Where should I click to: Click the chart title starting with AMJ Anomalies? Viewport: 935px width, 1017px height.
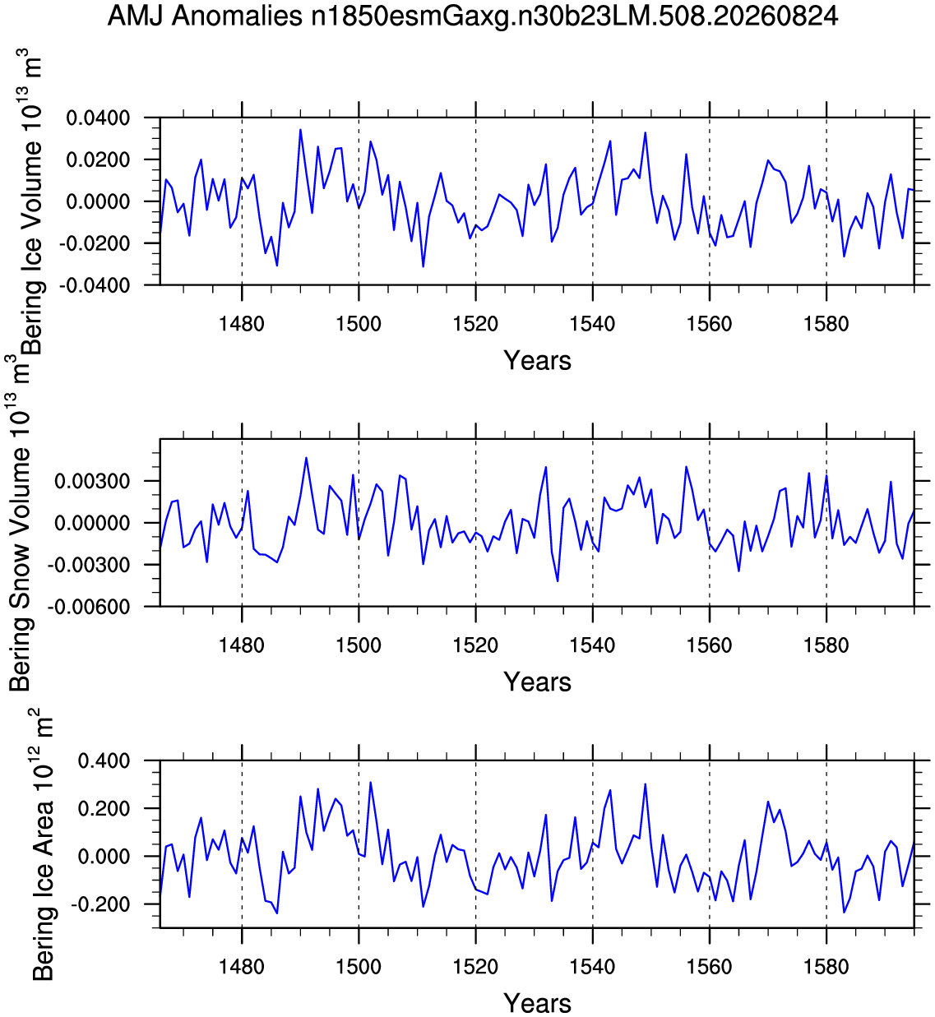[472, 16]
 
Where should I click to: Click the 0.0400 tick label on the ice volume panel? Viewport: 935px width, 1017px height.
[98, 118]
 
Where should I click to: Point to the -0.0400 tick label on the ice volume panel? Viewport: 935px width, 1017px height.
[95, 286]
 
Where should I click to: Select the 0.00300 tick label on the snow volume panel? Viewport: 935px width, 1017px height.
[92, 481]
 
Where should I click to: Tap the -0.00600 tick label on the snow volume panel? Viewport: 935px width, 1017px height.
[88, 607]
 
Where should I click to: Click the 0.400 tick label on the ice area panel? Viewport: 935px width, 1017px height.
[104, 761]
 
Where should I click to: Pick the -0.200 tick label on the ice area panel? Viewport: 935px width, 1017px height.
[100, 904]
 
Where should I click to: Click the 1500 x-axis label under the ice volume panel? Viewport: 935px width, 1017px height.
[359, 324]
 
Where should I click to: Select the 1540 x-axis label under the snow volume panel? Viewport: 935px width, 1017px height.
[593, 645]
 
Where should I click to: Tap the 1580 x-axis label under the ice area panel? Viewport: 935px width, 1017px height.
[826, 967]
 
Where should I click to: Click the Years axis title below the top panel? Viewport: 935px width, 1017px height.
[537, 361]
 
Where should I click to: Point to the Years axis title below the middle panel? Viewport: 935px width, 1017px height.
[537, 682]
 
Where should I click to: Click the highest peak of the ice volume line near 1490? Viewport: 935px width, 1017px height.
[300, 130]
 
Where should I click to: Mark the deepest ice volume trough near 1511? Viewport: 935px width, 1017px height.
[424, 266]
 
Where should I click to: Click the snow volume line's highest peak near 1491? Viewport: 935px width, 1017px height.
[307, 458]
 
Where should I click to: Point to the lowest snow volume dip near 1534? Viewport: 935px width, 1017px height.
[558, 581]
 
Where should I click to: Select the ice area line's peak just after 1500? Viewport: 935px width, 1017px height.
[370, 783]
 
